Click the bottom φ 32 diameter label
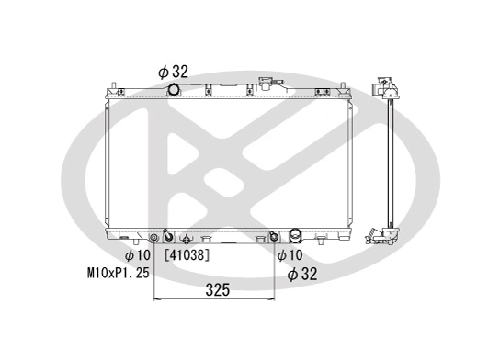pos(301,274)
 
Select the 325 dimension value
pos(216,291)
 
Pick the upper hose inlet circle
pos(173,89)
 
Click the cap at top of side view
pos(383,84)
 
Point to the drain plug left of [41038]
pos(186,237)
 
